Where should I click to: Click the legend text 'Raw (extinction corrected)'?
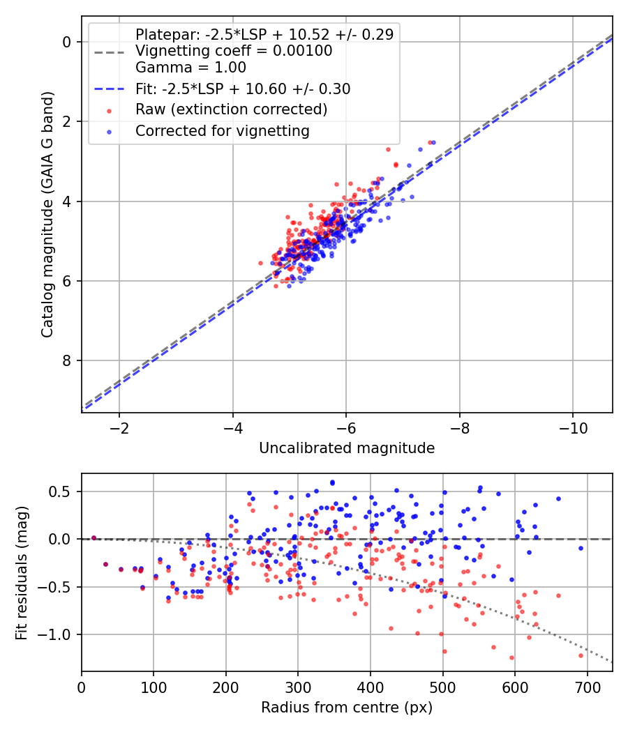point(231,109)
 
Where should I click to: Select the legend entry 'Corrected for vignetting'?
point(222,130)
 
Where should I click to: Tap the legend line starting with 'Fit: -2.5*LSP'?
point(242,89)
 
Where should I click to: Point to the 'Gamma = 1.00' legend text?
point(190,68)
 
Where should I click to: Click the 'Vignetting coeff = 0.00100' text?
point(234,51)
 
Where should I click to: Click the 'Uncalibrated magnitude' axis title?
point(347,448)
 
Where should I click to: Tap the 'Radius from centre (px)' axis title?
point(347,708)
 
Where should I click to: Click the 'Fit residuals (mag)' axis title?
point(22,572)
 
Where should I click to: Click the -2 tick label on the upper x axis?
point(119,427)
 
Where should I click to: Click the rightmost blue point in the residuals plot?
point(581,548)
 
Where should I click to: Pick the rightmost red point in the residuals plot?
point(581,655)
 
